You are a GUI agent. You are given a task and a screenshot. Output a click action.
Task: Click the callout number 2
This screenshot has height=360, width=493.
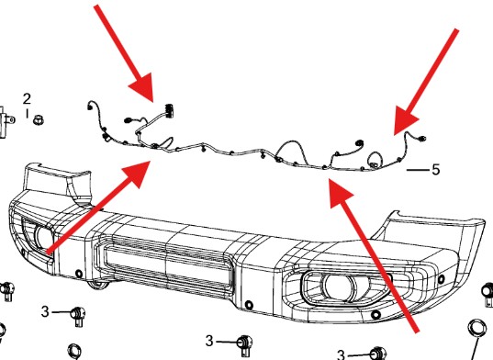[x=27, y=98]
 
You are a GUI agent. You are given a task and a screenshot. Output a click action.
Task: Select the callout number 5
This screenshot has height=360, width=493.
[x=435, y=170]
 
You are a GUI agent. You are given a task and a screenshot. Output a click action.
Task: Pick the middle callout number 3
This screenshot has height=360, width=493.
[x=209, y=341]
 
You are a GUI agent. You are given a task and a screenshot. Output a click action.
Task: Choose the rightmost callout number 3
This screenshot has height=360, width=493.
[x=341, y=354]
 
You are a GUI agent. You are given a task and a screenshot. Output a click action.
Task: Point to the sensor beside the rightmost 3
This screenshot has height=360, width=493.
[x=375, y=353]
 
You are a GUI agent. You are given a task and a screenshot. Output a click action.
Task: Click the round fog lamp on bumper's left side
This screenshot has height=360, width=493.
[x=43, y=237]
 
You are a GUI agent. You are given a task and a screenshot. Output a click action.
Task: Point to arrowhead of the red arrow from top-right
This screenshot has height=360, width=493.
[x=397, y=130]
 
